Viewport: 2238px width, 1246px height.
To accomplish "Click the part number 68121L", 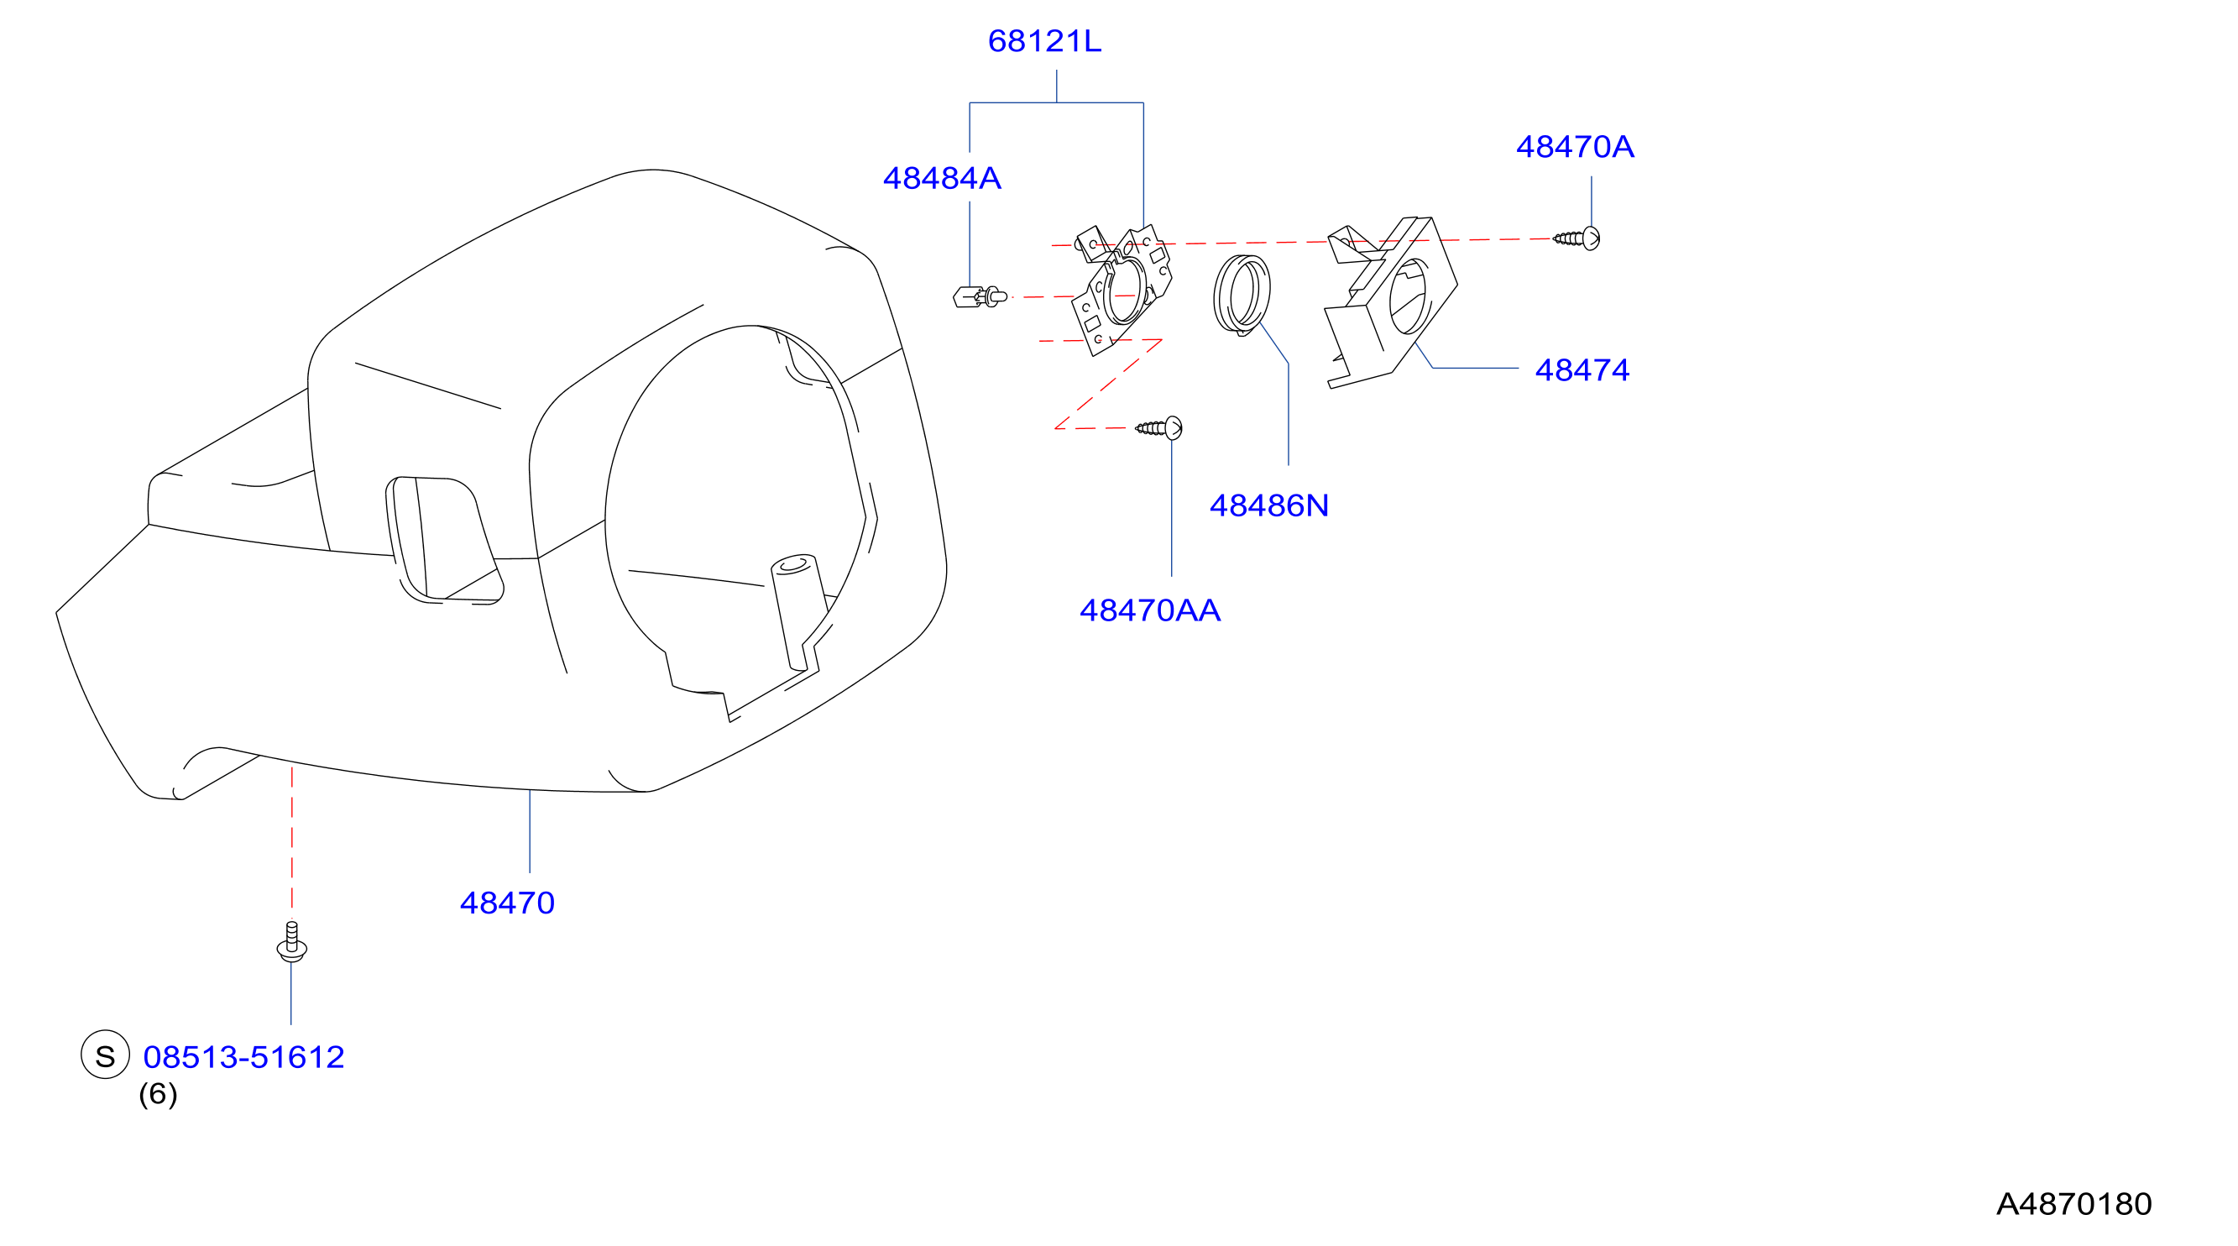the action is click(1044, 41).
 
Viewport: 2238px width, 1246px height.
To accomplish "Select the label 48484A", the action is click(942, 178).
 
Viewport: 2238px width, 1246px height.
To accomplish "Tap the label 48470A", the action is click(1574, 147).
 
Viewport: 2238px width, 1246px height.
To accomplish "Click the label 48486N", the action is click(1268, 505).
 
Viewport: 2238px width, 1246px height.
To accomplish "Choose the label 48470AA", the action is click(1149, 611).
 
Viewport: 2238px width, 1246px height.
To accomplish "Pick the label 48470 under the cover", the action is click(506, 903).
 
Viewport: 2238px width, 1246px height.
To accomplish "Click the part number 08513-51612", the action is click(243, 1057).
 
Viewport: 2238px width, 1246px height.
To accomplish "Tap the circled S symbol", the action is click(105, 1055).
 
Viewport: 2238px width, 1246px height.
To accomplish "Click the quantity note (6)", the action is click(158, 1094).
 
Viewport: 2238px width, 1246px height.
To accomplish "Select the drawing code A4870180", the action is click(2073, 1204).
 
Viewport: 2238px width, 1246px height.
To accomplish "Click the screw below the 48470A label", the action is click(1577, 238).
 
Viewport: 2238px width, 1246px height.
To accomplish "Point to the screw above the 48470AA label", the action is click(1159, 427).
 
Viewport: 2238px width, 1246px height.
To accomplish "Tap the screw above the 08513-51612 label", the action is click(292, 942).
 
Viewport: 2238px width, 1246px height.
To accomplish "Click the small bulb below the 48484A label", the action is click(979, 297).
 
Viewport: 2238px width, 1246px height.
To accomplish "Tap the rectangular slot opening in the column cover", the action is click(443, 540).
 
